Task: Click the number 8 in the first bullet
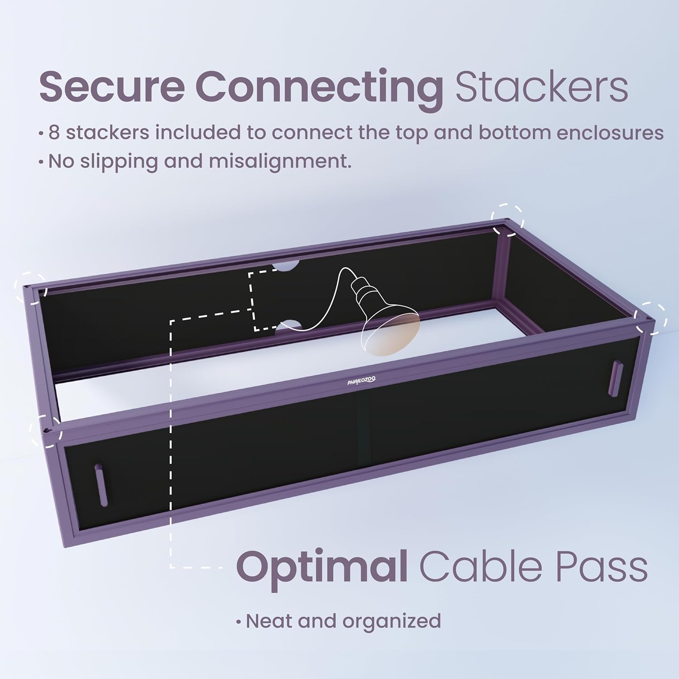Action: pyautogui.click(x=54, y=133)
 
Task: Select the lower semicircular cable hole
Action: pyautogui.click(x=289, y=325)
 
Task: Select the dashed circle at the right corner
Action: pyautogui.click(x=651, y=319)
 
